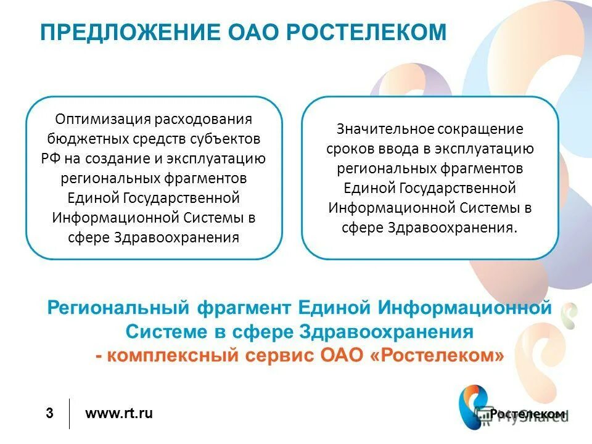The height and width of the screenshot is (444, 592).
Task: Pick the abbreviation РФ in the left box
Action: click(50, 158)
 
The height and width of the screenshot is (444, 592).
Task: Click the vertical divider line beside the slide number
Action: click(69, 414)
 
